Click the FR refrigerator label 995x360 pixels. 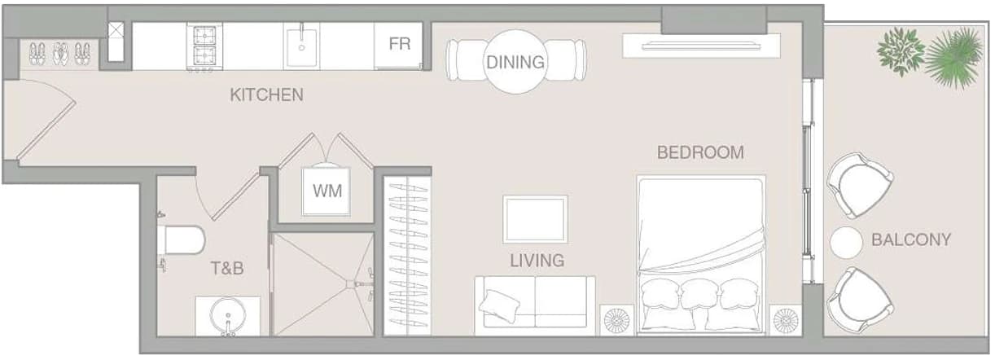pyautogui.click(x=399, y=44)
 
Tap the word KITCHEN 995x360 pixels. pyautogui.click(x=266, y=94)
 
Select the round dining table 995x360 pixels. pyautogui.click(x=515, y=62)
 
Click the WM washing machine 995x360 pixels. pyautogui.click(x=327, y=191)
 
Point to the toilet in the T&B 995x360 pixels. pyautogui.click(x=181, y=240)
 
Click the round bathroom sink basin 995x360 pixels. pyautogui.click(x=228, y=314)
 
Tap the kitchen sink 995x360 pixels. pyautogui.click(x=301, y=47)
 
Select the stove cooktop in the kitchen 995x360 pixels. pyautogui.click(x=204, y=46)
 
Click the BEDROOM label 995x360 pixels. pyautogui.click(x=700, y=152)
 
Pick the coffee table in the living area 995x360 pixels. pyautogui.click(x=535, y=220)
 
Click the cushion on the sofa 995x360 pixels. pyautogui.click(x=499, y=305)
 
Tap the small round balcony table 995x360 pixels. pyautogui.click(x=846, y=243)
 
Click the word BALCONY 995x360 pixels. pyautogui.click(x=911, y=240)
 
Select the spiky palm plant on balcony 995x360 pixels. pyautogui.click(x=955, y=57)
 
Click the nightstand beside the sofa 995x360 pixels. pyautogui.click(x=616, y=319)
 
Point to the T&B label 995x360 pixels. pyautogui.click(x=227, y=268)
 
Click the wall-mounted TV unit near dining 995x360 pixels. pyautogui.click(x=701, y=46)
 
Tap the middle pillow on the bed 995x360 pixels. pyautogui.click(x=699, y=294)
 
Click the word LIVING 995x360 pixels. pyautogui.click(x=537, y=261)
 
